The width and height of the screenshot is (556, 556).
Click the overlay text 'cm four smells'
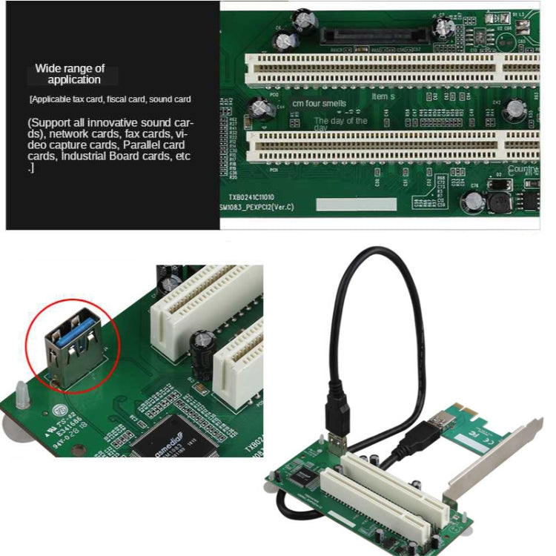click(319, 104)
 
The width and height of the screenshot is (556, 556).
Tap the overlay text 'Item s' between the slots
click(383, 97)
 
